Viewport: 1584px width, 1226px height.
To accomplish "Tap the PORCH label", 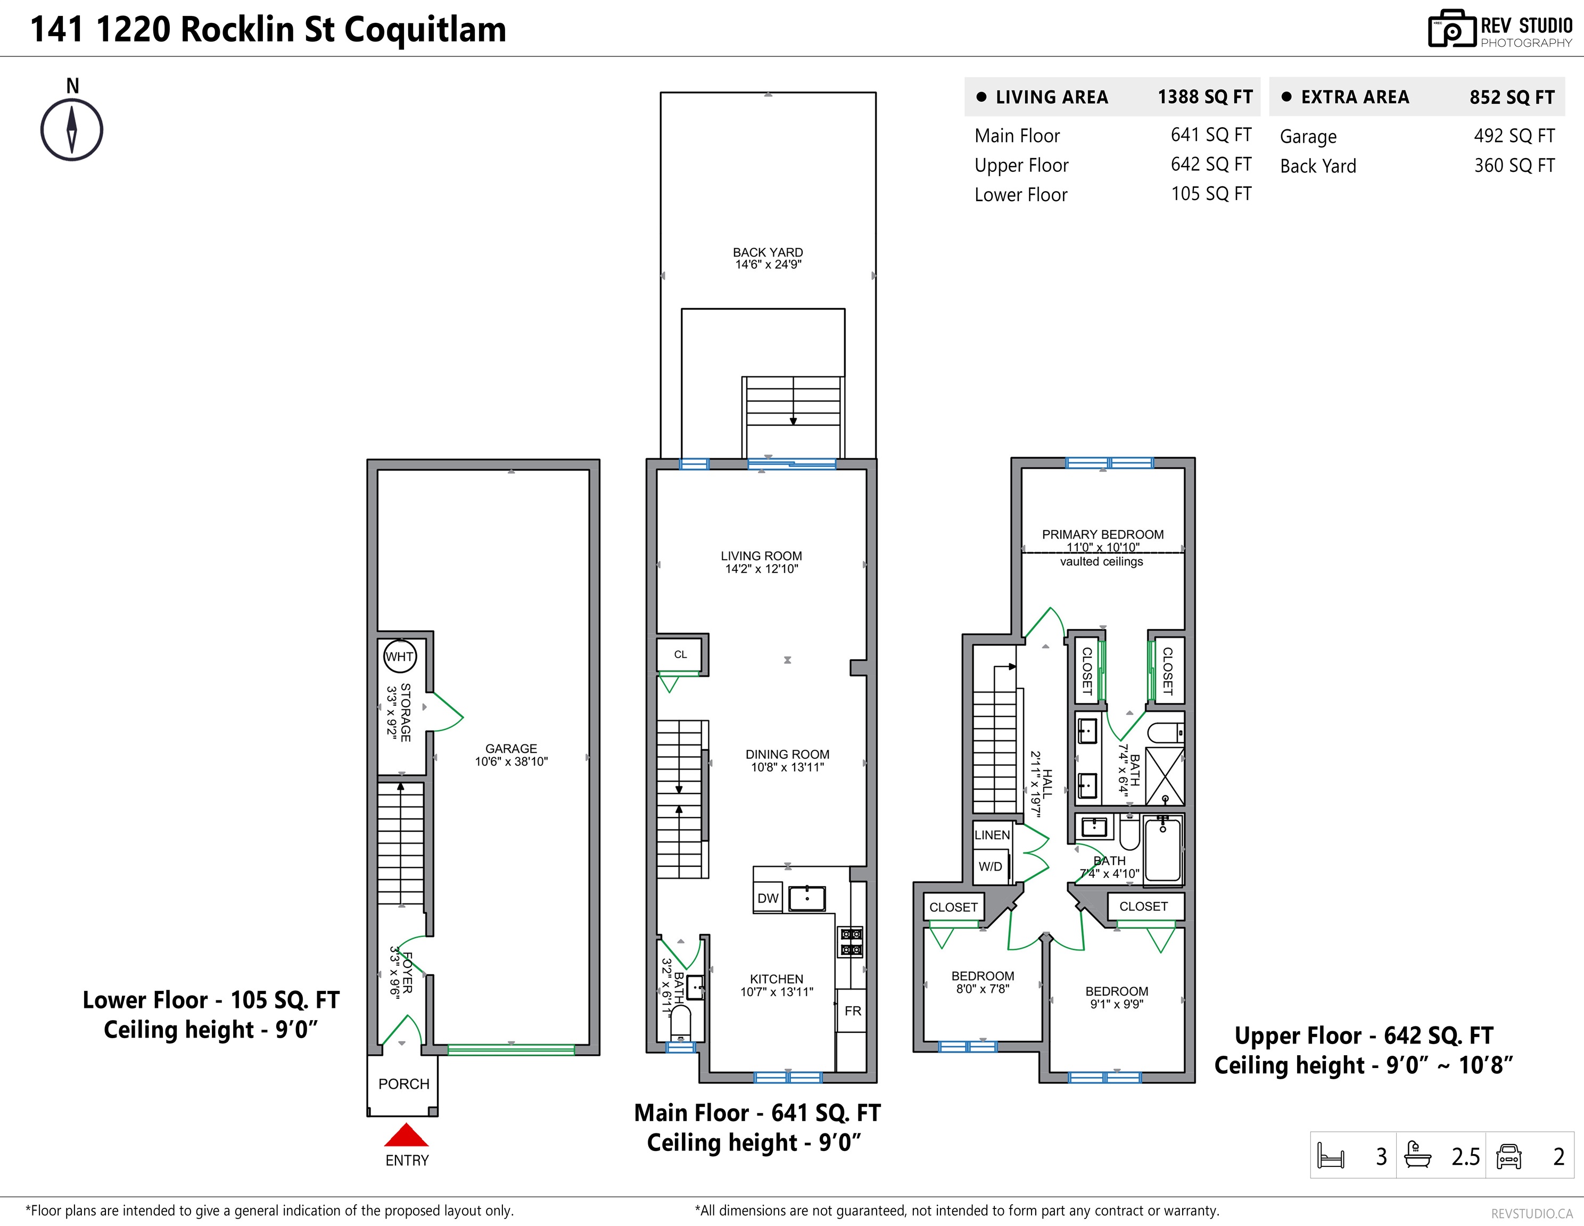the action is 404,1084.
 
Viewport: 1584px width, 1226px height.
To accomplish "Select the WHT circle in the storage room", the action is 400,657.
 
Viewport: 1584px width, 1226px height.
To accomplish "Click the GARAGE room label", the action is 511,748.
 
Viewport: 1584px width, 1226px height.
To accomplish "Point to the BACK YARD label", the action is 768,252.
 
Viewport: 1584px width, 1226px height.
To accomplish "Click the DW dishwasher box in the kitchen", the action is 768,898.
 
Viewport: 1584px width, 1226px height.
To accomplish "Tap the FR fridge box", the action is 853,1010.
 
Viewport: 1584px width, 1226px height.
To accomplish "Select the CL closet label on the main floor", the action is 680,654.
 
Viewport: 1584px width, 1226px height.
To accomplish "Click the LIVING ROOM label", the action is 762,556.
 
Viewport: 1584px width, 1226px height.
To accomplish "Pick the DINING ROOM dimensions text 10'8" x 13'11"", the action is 788,767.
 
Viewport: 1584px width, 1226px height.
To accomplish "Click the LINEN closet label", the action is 992,835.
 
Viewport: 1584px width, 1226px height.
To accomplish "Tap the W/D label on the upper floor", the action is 991,866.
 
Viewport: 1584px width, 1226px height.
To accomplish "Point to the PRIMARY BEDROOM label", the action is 1103,534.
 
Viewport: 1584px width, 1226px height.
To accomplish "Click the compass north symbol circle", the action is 72,130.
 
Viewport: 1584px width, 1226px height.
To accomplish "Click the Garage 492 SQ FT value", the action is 1514,136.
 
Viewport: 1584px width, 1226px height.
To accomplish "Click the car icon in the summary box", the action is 1508,1156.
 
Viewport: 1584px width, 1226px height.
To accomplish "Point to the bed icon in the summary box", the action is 1331,1156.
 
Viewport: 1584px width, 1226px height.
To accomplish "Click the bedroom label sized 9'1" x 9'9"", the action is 1117,991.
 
